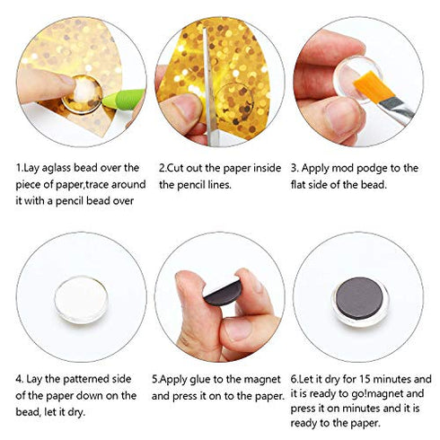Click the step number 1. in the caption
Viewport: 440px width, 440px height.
pos(20,167)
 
